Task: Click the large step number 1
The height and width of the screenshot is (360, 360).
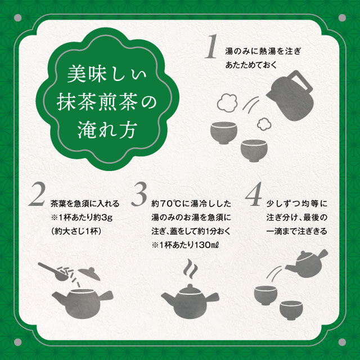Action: [211, 46]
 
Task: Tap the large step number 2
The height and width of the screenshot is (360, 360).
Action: [37, 194]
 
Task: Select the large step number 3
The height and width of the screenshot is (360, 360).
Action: [139, 194]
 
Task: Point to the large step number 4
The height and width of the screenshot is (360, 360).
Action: [254, 194]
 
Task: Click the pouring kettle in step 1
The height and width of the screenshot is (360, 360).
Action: [290, 96]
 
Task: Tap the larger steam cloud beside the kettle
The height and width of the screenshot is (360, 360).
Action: [227, 102]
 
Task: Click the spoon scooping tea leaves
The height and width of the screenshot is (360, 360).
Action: [53, 272]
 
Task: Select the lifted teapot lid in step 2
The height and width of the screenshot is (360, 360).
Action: [89, 273]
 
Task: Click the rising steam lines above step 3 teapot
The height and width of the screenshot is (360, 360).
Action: [191, 269]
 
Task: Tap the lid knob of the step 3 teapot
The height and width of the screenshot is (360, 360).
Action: [190, 287]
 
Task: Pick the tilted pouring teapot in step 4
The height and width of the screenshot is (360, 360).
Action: [307, 263]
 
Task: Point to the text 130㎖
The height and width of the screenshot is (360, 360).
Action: [206, 245]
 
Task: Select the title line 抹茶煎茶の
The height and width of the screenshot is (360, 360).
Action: [106, 102]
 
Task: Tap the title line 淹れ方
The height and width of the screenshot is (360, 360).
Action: [107, 129]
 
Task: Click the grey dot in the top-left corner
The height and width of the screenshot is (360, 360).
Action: [17, 17]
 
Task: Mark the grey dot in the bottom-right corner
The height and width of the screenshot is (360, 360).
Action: [342, 342]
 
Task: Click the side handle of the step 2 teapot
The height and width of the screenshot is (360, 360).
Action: [106, 296]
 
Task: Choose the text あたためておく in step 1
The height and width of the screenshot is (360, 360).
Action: [251, 65]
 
